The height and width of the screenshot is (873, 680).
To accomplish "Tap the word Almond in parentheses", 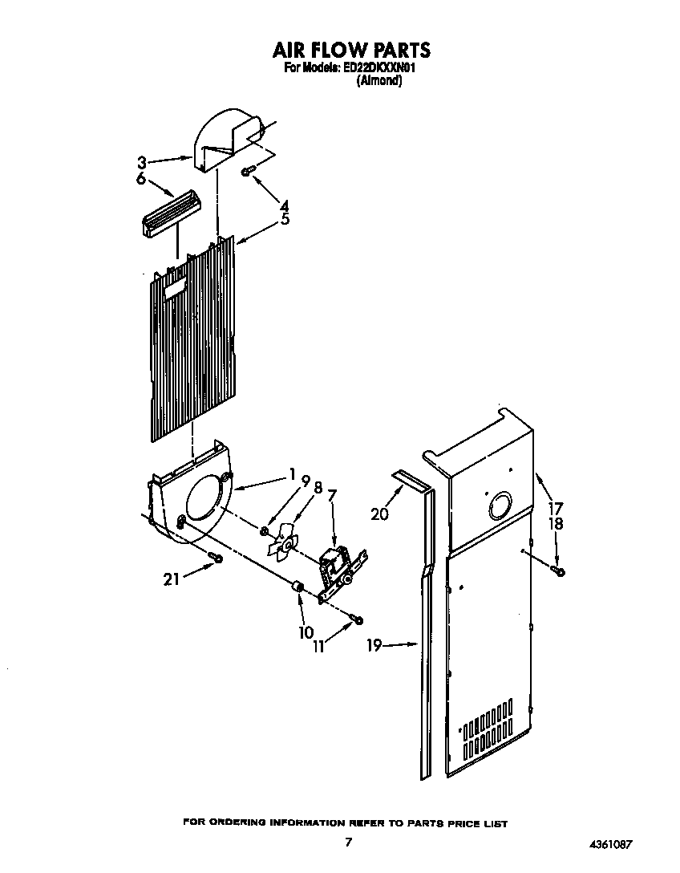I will tap(378, 80).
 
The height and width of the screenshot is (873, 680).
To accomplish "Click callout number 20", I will tap(380, 514).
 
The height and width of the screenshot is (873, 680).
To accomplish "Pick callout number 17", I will tap(555, 507).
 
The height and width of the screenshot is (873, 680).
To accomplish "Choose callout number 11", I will tap(319, 647).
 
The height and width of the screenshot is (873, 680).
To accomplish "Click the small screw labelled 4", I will tap(248, 170).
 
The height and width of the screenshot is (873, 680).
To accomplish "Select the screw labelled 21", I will tap(215, 556).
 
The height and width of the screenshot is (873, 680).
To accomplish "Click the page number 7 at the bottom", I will tap(348, 842).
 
